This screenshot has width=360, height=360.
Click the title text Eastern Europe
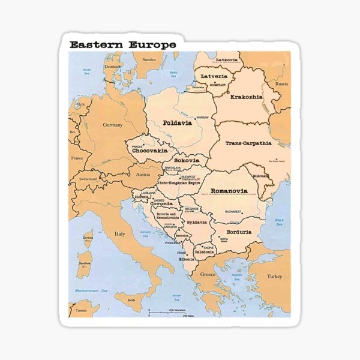(x=122, y=44)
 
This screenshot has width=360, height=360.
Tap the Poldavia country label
(x=177, y=123)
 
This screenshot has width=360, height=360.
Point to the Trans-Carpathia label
(x=248, y=143)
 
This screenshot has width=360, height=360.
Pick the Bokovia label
(x=187, y=161)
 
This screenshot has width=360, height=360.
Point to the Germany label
(x=112, y=125)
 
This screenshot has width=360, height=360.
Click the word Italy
(x=120, y=233)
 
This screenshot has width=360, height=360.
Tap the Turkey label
(x=274, y=277)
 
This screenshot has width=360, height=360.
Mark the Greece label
(x=208, y=275)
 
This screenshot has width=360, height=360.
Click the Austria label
(x=143, y=174)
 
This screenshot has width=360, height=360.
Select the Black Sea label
(x=279, y=221)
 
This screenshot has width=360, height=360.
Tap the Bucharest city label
(x=233, y=211)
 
